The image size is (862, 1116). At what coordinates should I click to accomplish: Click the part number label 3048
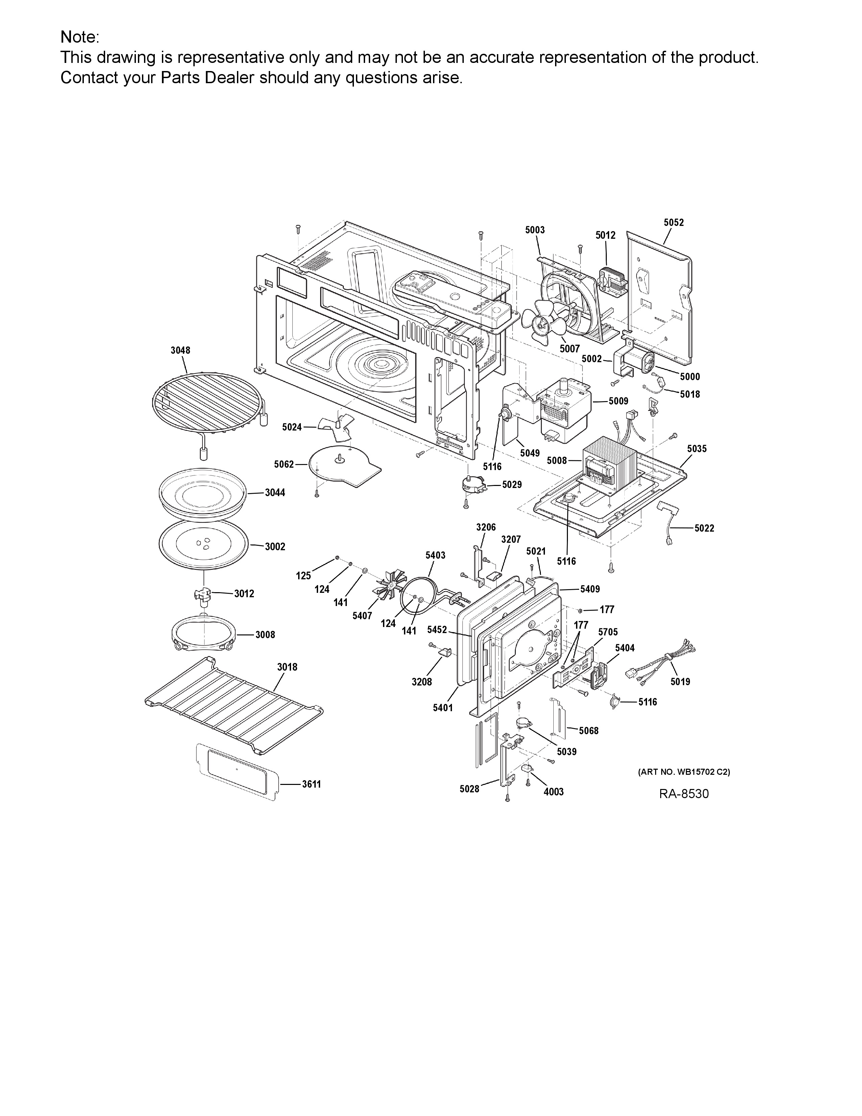tap(180, 351)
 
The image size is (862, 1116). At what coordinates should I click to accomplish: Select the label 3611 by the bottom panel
tap(311, 784)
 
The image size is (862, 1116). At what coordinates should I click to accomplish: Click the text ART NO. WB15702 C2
tap(684, 772)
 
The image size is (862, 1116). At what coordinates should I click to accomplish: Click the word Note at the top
tap(78, 37)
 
